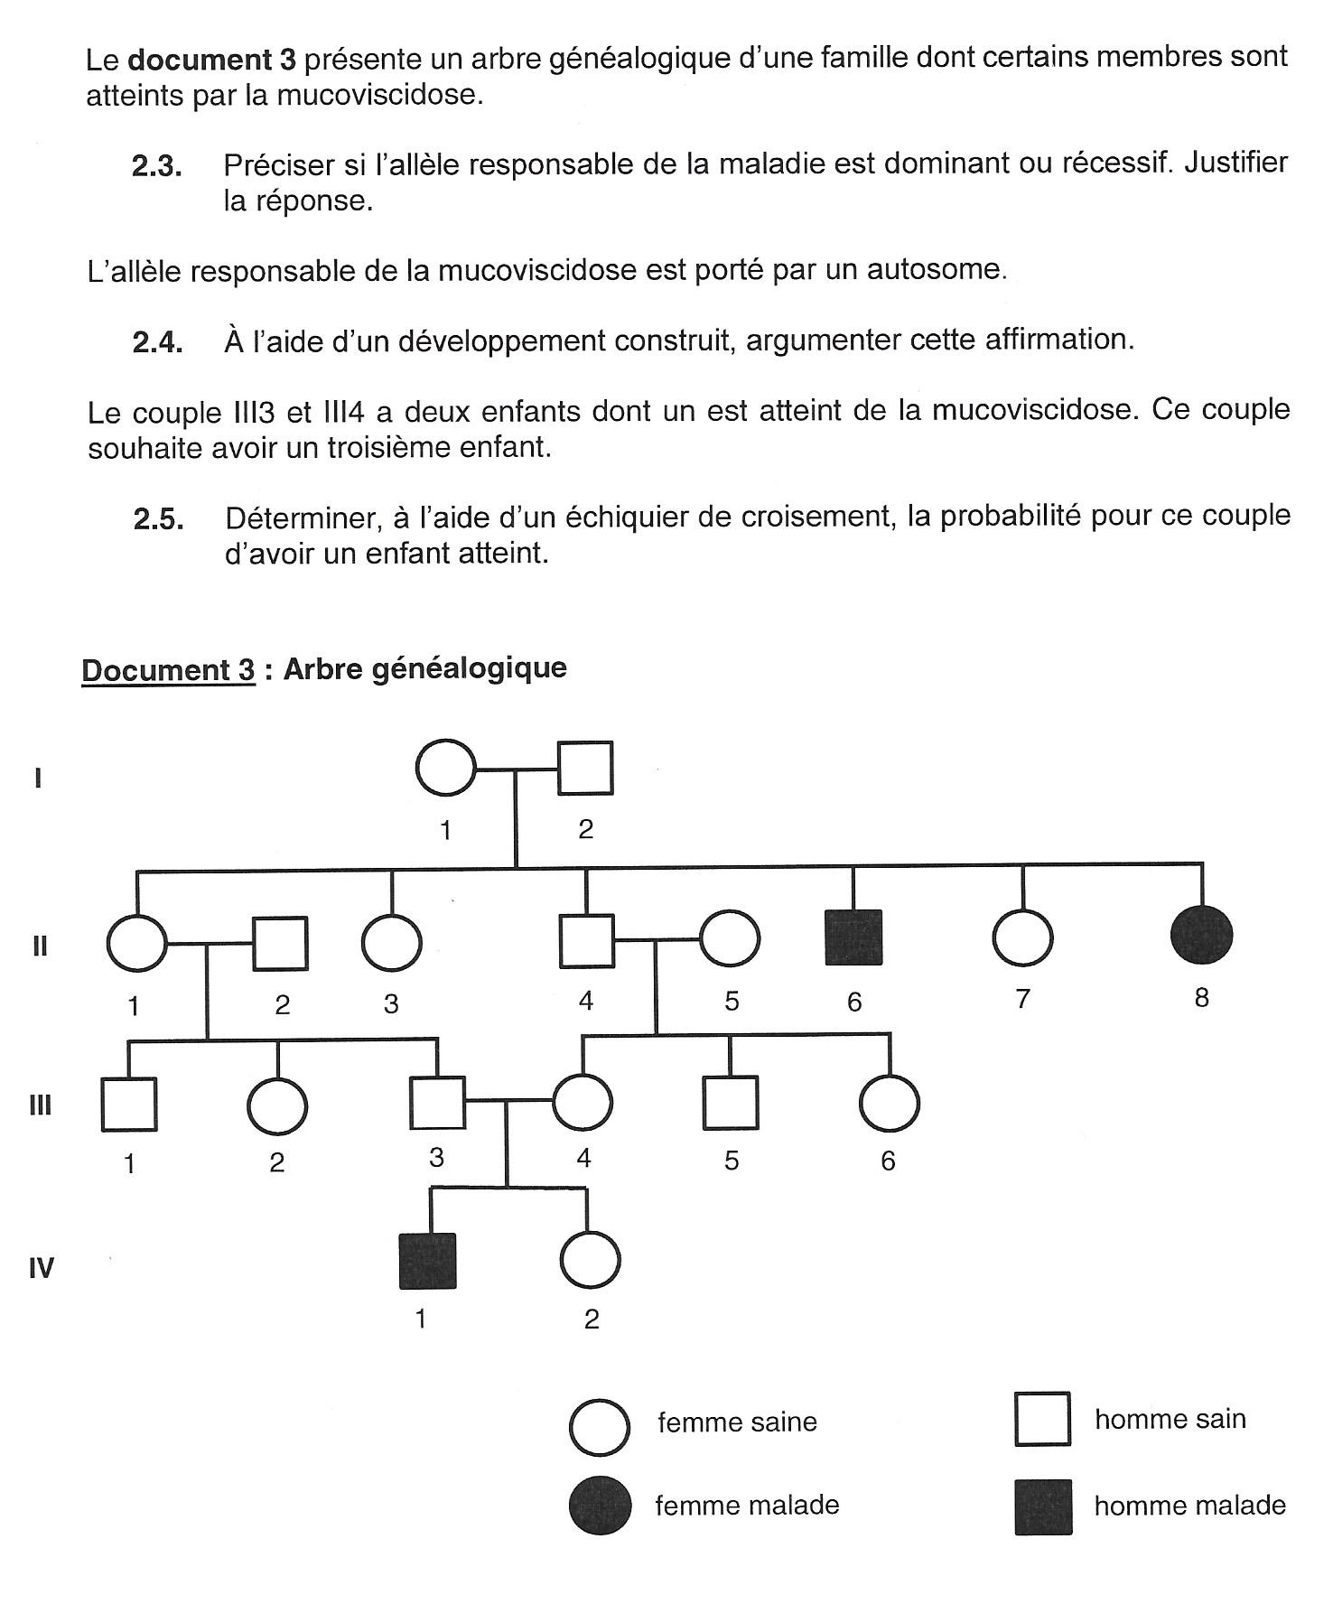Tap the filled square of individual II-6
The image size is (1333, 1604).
(x=853, y=937)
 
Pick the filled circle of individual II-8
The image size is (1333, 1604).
(x=1201, y=934)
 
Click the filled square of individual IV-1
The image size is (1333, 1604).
(x=428, y=1260)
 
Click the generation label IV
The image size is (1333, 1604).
(x=42, y=1268)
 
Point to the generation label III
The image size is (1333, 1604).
(x=41, y=1105)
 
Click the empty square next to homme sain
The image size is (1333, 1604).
(x=1043, y=1419)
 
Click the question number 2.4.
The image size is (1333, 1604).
(x=157, y=342)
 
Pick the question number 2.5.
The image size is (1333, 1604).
(x=158, y=519)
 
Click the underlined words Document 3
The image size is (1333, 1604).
(x=169, y=670)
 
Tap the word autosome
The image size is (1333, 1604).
(x=936, y=269)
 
